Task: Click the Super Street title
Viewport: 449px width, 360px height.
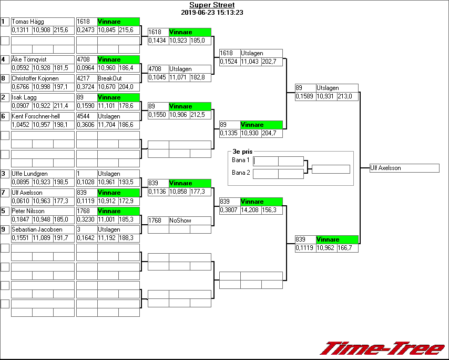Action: (212, 5)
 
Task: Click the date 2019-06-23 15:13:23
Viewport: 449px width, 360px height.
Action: (212, 13)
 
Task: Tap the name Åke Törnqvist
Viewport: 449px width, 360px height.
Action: (29, 59)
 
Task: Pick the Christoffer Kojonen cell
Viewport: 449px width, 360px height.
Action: (35, 78)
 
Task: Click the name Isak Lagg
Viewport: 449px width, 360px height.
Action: (24, 97)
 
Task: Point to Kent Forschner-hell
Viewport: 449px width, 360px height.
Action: (36, 116)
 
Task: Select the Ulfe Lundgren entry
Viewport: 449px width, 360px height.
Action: (29, 174)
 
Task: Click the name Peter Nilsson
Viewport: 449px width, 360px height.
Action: (28, 211)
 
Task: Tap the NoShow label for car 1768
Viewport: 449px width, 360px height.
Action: (179, 221)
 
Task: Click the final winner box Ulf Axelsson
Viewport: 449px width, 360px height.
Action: (404, 168)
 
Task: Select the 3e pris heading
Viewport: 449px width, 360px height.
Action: (243, 151)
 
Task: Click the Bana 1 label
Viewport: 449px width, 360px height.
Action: (240, 160)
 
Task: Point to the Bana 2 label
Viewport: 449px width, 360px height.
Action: (240, 173)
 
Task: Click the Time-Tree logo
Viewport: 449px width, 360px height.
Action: (383, 348)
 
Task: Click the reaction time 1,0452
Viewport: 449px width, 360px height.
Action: (22, 125)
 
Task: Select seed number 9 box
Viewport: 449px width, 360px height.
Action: (5, 229)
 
